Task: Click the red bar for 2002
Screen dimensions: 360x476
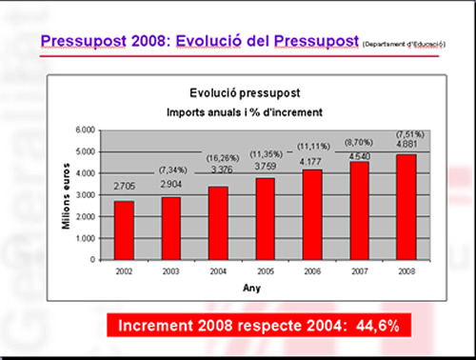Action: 124,230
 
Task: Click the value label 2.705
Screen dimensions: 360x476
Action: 124,189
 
